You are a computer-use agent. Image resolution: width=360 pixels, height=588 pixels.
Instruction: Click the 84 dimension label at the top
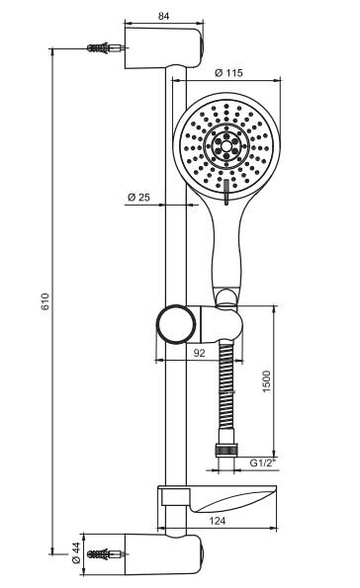(x=164, y=16)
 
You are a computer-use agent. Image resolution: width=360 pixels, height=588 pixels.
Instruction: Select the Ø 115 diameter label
(x=229, y=72)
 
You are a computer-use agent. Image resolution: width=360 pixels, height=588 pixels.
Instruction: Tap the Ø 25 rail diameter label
(x=138, y=199)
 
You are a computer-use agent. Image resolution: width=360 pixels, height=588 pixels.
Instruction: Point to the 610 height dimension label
(x=45, y=303)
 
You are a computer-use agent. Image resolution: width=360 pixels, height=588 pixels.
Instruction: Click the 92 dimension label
(x=199, y=351)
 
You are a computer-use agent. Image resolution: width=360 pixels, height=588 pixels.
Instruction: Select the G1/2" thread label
(x=261, y=462)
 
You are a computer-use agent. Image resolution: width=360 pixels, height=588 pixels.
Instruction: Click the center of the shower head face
(x=225, y=145)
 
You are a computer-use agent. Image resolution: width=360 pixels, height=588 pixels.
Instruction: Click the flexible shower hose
(x=228, y=395)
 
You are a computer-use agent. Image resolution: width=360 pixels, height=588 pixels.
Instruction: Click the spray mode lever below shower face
(x=226, y=190)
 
